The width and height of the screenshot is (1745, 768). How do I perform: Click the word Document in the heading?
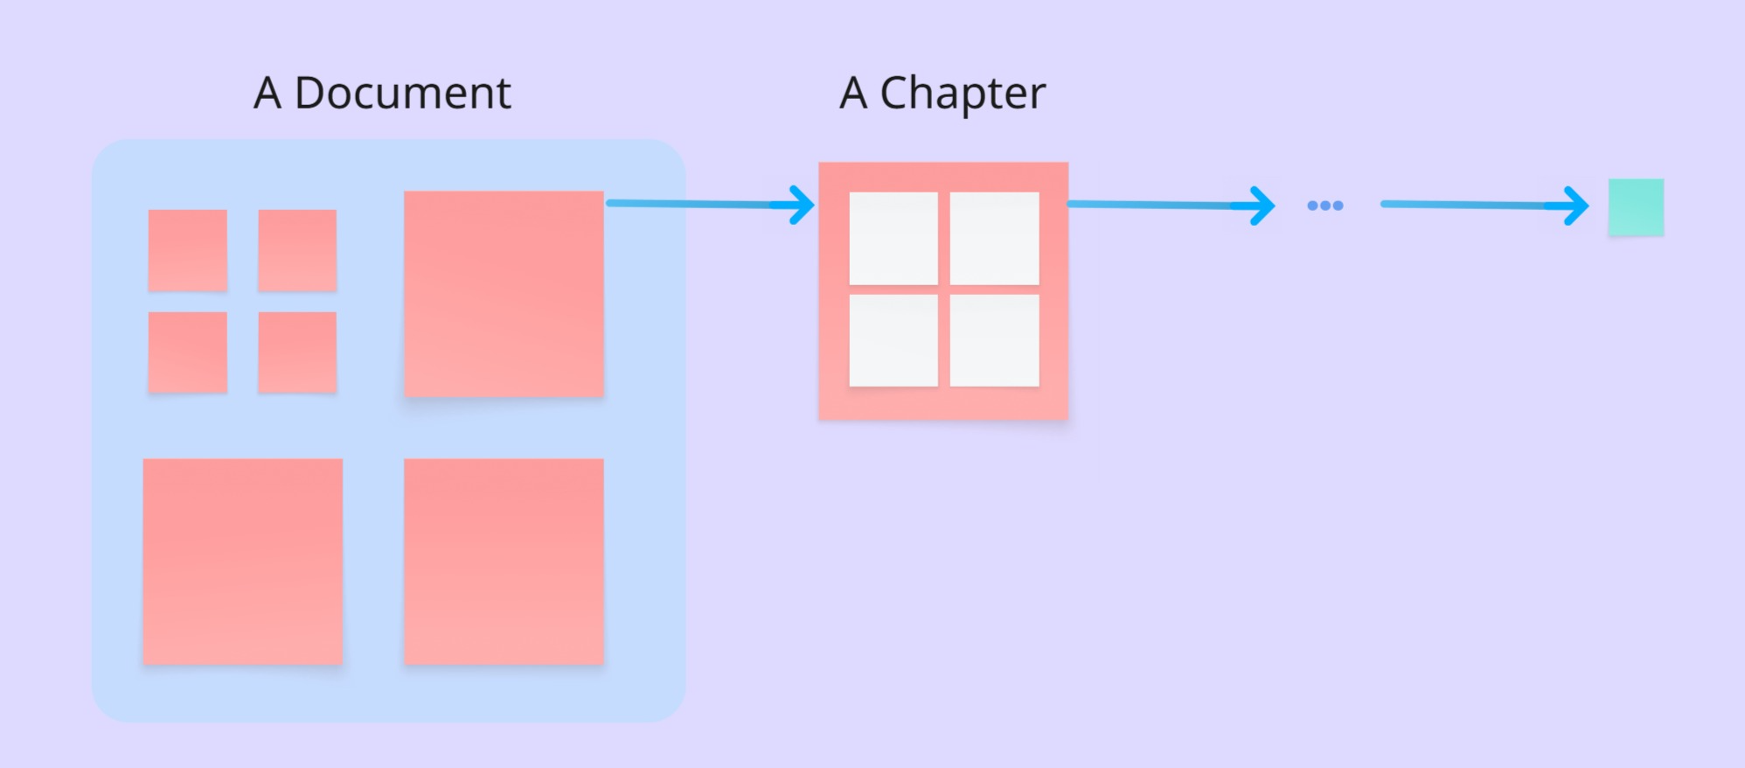tap(402, 93)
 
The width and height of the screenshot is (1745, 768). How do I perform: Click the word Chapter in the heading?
tap(962, 93)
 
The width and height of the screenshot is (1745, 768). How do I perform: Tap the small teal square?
tap(1636, 207)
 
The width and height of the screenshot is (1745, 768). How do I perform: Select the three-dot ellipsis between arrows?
tap(1324, 206)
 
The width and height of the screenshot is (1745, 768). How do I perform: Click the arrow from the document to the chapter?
tap(699, 204)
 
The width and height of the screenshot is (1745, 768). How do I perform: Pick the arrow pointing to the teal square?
tap(1477, 205)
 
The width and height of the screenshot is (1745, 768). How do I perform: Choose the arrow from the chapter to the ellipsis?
tap(1163, 205)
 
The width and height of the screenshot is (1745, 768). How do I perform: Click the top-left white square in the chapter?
tap(893, 238)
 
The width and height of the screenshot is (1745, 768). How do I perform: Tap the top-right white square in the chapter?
tap(995, 238)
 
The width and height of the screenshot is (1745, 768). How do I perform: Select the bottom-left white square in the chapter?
tap(893, 340)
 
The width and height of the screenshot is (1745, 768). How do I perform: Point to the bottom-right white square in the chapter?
tap(995, 340)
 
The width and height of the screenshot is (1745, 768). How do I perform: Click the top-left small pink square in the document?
tap(188, 250)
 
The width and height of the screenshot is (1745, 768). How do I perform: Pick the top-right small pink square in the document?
tap(297, 250)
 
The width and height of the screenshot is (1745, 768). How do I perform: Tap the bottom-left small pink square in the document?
tap(188, 353)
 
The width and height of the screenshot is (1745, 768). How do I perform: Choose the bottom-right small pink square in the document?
tap(297, 353)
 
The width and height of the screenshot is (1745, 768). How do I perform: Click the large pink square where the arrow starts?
tap(504, 294)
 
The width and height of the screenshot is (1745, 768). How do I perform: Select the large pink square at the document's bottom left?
tap(243, 562)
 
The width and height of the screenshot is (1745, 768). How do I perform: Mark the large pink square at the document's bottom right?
tap(504, 562)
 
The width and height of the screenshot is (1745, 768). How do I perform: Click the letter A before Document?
tap(268, 93)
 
